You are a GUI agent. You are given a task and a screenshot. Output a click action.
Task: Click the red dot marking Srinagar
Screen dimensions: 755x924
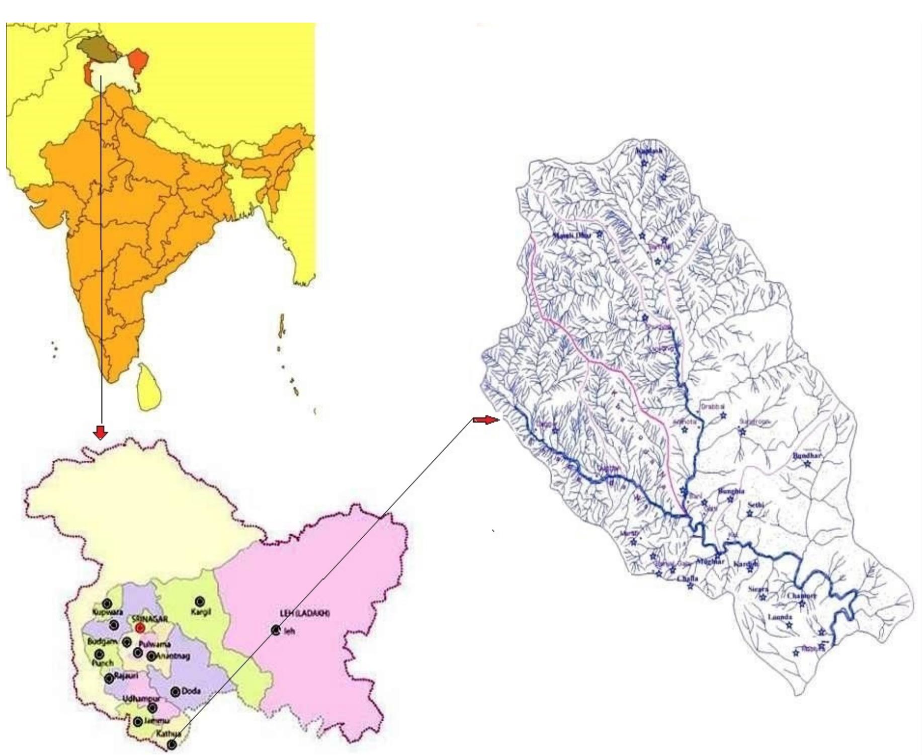(140, 628)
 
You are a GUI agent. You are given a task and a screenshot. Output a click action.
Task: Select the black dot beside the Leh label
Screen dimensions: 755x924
(275, 630)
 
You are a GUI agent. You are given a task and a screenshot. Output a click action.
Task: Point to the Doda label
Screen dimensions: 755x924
(191, 691)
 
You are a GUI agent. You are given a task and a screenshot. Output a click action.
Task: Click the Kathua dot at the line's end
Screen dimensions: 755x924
(172, 744)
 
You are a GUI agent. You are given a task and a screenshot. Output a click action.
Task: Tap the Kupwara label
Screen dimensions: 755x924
(107, 612)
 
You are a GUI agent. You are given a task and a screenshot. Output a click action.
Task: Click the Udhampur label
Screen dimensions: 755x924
(141, 699)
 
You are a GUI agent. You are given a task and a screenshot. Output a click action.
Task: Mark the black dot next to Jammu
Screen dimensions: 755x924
(138, 722)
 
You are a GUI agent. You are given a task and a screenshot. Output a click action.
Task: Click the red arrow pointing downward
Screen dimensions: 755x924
(101, 432)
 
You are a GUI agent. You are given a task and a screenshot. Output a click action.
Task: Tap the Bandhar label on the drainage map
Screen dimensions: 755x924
(807, 456)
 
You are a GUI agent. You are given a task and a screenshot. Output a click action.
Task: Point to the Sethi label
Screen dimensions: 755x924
(756, 505)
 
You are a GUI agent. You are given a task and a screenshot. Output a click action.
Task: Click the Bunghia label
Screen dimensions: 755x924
(731, 491)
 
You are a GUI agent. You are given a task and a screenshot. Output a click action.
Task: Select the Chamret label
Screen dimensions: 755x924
(802, 596)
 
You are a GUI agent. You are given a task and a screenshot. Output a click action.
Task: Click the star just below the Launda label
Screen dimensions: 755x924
(789, 625)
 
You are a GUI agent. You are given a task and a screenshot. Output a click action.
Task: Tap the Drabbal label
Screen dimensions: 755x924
(713, 406)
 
